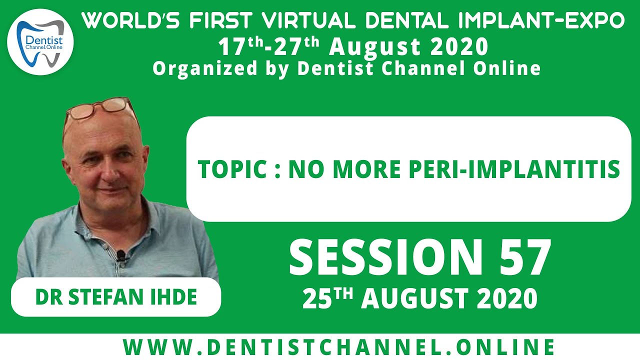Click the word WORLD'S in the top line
127,20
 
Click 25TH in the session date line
327,298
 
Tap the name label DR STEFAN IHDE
116,297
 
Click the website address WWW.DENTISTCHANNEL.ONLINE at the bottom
339,346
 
